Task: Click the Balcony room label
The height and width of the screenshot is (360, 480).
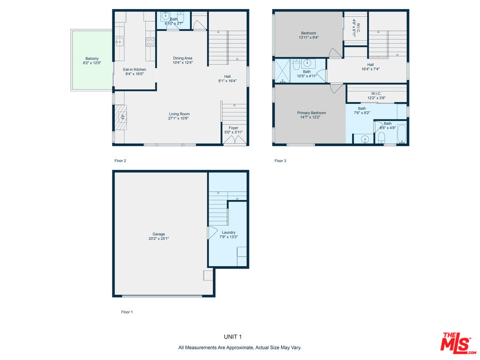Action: [92, 58]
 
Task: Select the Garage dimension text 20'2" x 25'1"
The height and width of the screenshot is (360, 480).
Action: [158, 238]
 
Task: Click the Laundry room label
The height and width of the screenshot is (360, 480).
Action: [228, 232]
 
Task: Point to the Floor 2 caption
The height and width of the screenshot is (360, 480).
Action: [120, 160]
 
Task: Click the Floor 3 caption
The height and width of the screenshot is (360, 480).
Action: [280, 160]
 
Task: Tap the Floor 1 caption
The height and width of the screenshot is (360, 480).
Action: [127, 312]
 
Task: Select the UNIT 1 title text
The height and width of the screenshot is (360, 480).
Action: [232, 336]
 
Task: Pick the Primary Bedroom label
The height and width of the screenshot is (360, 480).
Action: [311, 113]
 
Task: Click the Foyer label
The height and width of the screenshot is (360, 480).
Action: [233, 128]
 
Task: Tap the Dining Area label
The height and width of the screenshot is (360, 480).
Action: [183, 58]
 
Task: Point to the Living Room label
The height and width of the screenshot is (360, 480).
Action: [179, 114]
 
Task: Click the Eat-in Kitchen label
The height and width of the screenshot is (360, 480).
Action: [134, 69]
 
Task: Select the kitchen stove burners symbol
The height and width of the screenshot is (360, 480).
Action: [150, 42]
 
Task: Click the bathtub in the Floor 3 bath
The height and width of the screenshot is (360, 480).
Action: [401, 133]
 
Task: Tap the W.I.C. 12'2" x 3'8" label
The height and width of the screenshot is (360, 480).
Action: [376, 96]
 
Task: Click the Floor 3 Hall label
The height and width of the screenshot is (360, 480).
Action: [370, 65]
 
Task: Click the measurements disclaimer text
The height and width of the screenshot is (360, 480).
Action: [239, 348]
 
